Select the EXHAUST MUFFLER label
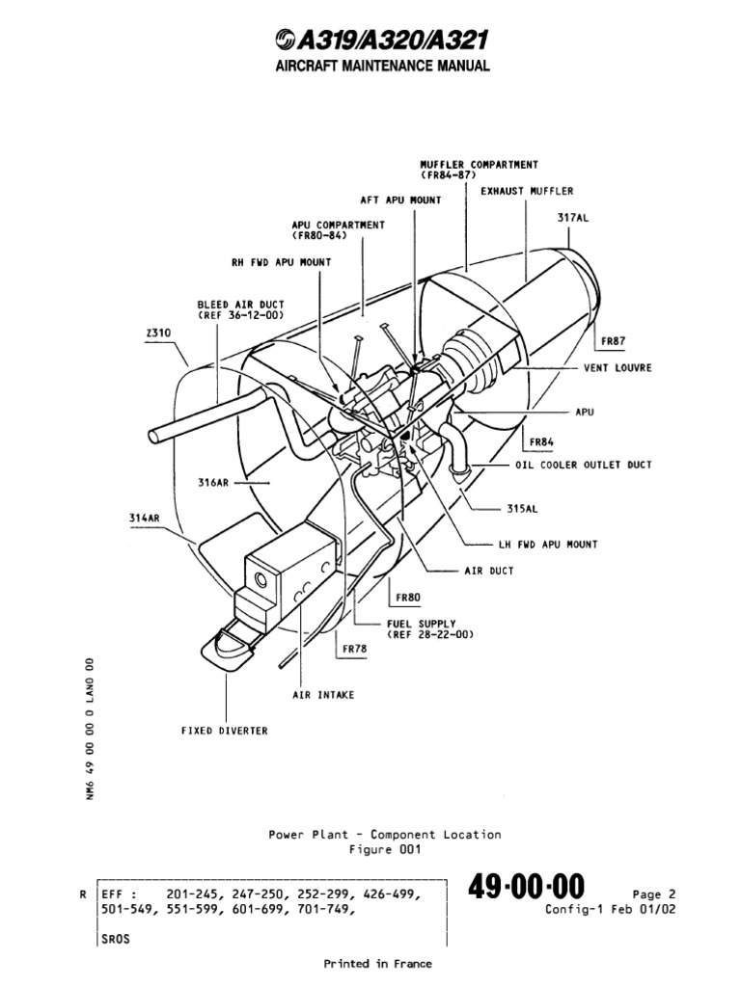[x=527, y=191]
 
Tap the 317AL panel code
[x=572, y=218]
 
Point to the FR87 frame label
[x=613, y=341]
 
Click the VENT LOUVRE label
[x=617, y=367]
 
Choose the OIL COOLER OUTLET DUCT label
[x=582, y=465]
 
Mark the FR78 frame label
[x=354, y=649]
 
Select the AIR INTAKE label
[x=323, y=694]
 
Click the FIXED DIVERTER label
[x=224, y=731]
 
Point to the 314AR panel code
[x=144, y=518]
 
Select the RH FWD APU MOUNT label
[x=280, y=262]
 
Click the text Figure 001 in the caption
[x=384, y=849]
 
